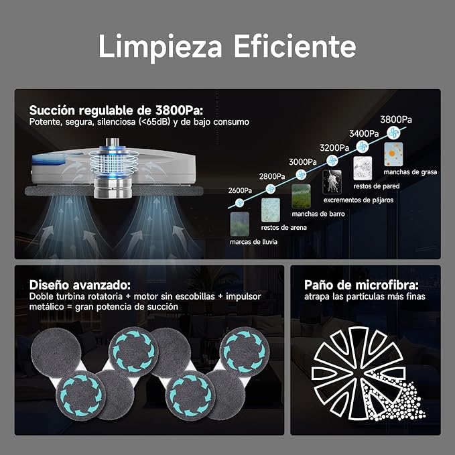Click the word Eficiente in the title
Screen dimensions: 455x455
[295, 46]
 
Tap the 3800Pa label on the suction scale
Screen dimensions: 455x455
[396, 119]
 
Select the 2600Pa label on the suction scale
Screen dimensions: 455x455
[240, 190]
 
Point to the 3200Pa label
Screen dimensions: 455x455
[334, 148]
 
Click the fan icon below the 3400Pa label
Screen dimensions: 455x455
[362, 147]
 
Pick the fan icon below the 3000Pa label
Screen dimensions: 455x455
[301, 175]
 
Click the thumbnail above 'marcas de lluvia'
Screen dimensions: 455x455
[240, 224]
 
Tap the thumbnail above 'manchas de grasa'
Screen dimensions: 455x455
[393, 154]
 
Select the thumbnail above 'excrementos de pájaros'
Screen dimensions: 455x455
[332, 182]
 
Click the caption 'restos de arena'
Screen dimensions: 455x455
[284, 228]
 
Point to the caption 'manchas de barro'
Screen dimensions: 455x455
[318, 214]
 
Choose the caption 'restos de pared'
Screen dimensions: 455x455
[377, 186]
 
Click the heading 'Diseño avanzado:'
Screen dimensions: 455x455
[80, 285]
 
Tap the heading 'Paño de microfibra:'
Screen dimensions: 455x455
[361, 285]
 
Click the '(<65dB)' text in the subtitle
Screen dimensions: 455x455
[155, 122]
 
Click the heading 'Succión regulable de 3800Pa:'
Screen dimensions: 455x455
[116, 111]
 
